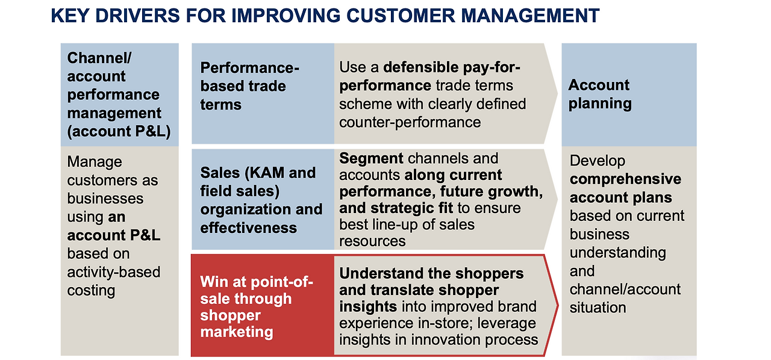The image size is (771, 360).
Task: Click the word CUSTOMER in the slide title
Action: tap(401, 16)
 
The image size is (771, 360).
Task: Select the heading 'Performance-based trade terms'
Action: tap(249, 86)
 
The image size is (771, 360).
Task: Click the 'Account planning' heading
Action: tap(600, 94)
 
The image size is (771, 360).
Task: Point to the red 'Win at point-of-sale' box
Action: tap(263, 306)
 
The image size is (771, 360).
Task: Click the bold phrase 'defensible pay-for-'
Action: tap(452, 67)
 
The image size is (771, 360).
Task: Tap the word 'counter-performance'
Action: tap(410, 122)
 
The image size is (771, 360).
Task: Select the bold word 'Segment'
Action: tap(371, 159)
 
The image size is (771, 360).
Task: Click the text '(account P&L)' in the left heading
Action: tap(119, 131)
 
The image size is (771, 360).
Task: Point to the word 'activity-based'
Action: tap(114, 272)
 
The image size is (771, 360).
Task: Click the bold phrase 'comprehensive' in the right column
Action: tap(625, 179)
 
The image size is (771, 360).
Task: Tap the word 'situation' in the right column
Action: tap(598, 308)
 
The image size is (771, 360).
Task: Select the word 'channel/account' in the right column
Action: tap(625, 289)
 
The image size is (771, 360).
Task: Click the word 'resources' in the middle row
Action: tap(372, 241)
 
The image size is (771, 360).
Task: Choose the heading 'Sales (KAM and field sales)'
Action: tap(258, 182)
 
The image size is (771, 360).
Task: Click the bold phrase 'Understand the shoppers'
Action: tap(431, 273)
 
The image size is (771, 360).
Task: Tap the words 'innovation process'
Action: tap(474, 340)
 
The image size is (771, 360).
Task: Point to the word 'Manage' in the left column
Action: tap(95, 162)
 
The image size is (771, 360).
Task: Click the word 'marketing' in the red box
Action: tap(237, 332)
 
